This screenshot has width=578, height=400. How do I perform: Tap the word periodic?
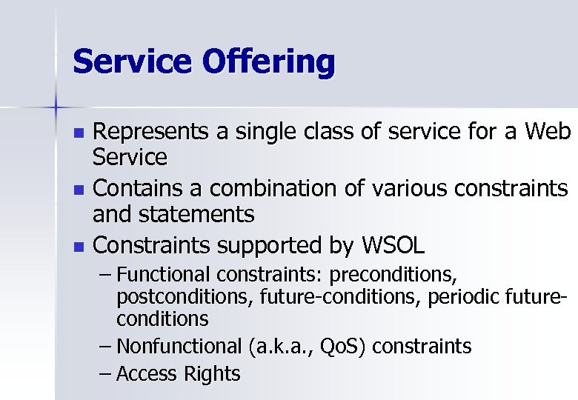click(466, 297)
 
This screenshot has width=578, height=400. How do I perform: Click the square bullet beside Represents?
click(80, 133)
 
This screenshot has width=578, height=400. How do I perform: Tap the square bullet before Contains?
click(80, 190)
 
